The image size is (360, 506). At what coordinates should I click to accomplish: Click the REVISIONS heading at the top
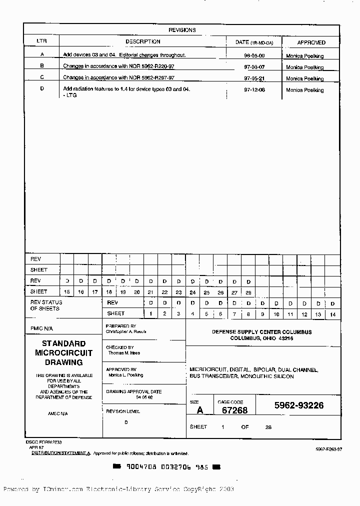182,30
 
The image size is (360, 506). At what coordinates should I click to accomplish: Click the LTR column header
41,42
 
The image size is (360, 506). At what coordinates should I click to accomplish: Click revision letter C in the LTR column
42,77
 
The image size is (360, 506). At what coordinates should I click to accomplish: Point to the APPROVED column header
311,42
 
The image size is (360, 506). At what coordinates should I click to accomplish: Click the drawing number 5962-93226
298,405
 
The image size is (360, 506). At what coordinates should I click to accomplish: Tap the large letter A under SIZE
200,410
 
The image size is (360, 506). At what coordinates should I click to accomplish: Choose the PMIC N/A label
41,328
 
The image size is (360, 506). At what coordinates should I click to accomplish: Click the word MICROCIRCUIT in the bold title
63,353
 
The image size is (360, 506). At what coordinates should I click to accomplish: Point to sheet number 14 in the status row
332,314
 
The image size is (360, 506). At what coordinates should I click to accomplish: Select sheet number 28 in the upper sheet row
248,292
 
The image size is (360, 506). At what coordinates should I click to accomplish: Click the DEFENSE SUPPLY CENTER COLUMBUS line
261,332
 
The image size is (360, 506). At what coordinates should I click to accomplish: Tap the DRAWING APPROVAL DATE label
133,392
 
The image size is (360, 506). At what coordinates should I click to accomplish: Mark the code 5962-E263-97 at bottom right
328,449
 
